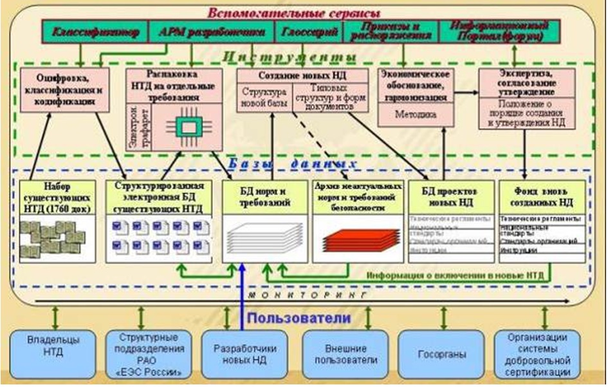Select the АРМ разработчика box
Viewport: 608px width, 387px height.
coord(193,31)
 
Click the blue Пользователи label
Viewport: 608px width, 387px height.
coord(299,318)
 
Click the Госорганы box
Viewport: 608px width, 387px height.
coord(441,353)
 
